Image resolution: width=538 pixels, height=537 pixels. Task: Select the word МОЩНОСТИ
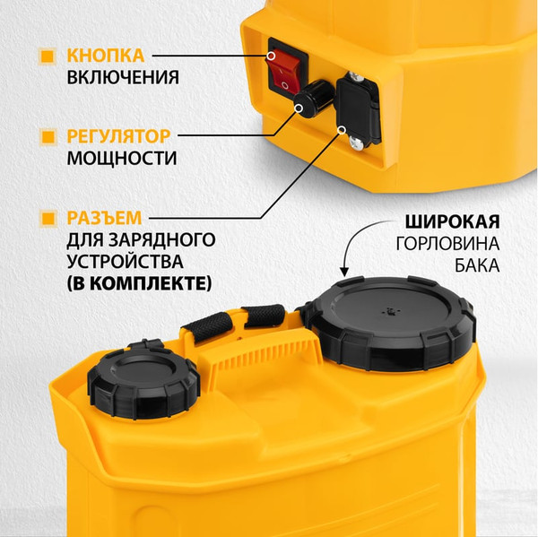pos(121,160)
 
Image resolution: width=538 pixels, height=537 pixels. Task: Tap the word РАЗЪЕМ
pos(104,218)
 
